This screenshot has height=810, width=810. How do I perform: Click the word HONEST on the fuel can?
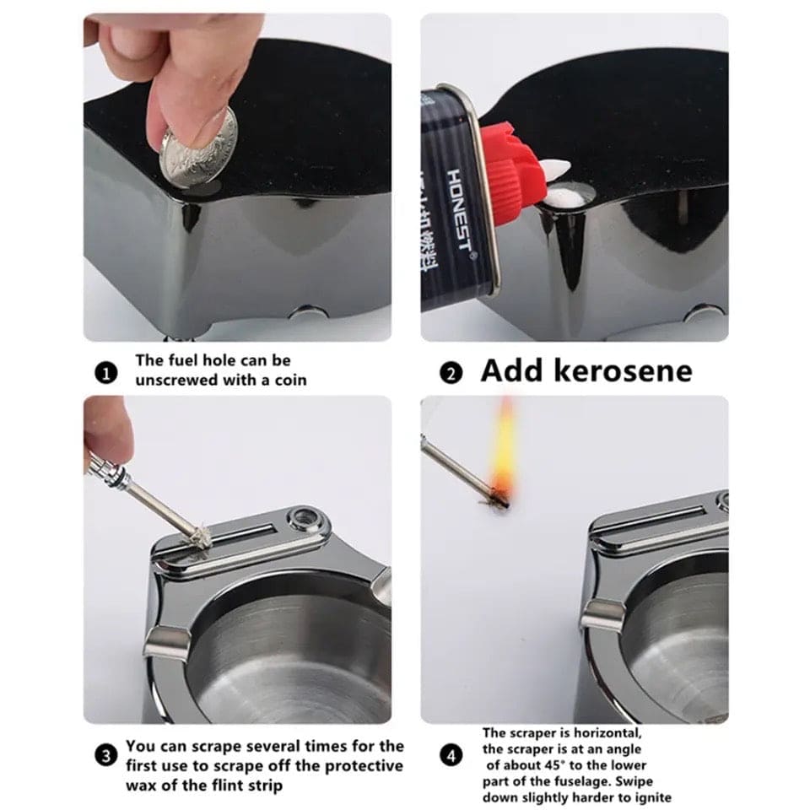coord(460,213)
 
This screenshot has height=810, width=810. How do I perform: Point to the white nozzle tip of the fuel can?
coord(555,169)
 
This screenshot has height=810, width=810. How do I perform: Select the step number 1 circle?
coord(106,373)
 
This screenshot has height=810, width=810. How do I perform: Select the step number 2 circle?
coord(451,373)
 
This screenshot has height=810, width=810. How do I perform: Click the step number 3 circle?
coord(106,756)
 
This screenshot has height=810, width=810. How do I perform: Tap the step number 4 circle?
coord(451,756)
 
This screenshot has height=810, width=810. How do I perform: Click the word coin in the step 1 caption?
coord(290,381)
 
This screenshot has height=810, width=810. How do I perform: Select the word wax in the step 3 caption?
coord(141,786)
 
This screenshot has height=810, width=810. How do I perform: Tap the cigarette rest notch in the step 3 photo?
coord(166,643)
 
